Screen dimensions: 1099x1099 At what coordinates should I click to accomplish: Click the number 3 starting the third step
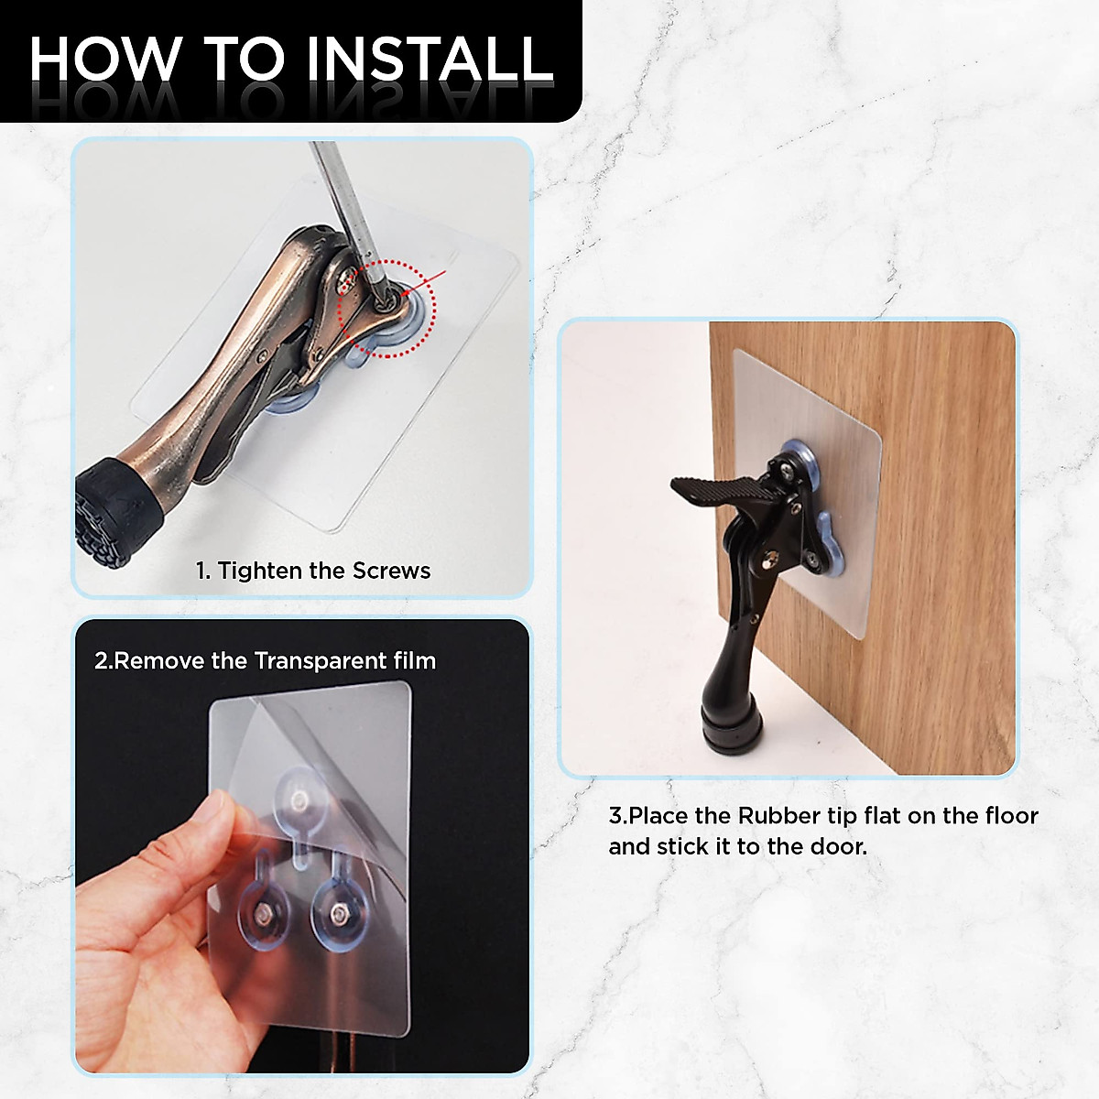[615, 815]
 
